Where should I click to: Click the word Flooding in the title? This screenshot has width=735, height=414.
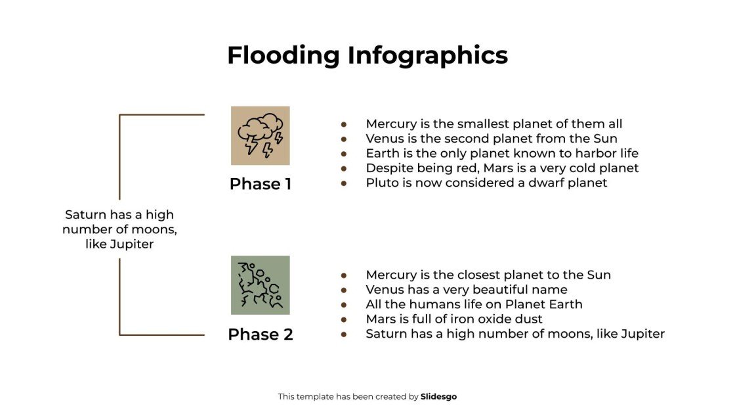pos(283,55)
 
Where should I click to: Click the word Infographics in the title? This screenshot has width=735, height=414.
pos(427,55)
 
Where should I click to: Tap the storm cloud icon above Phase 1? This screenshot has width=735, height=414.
pos(261,136)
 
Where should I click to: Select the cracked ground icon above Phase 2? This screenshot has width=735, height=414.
pos(261,285)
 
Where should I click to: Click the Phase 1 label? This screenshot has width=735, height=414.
pos(261,184)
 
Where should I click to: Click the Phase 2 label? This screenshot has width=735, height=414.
pos(261,334)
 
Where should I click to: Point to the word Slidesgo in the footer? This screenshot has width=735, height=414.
pos(438,396)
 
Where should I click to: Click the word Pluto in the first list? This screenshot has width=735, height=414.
pos(381,183)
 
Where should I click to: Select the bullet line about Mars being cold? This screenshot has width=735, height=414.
pos(502,168)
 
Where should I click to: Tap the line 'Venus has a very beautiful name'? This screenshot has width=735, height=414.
pos(466,289)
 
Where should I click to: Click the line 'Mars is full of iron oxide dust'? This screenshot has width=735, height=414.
pos(454,319)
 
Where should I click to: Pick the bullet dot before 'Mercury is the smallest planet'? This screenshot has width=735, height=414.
pos(343,124)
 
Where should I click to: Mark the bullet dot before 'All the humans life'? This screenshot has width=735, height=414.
pos(343,304)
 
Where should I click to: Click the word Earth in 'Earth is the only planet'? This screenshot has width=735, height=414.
pos(382,153)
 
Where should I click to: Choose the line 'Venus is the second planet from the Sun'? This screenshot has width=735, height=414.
pos(492,139)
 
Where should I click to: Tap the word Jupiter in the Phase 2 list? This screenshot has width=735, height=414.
pos(642,334)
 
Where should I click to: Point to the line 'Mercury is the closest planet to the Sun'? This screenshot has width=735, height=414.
pos(488,275)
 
